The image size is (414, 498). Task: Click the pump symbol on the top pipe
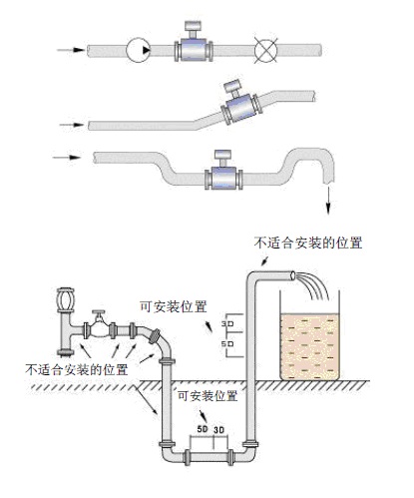point(141,48)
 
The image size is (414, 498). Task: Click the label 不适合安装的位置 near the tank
point(308,242)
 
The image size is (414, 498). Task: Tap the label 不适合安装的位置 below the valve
point(76,369)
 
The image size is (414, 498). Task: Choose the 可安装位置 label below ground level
point(207,396)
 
